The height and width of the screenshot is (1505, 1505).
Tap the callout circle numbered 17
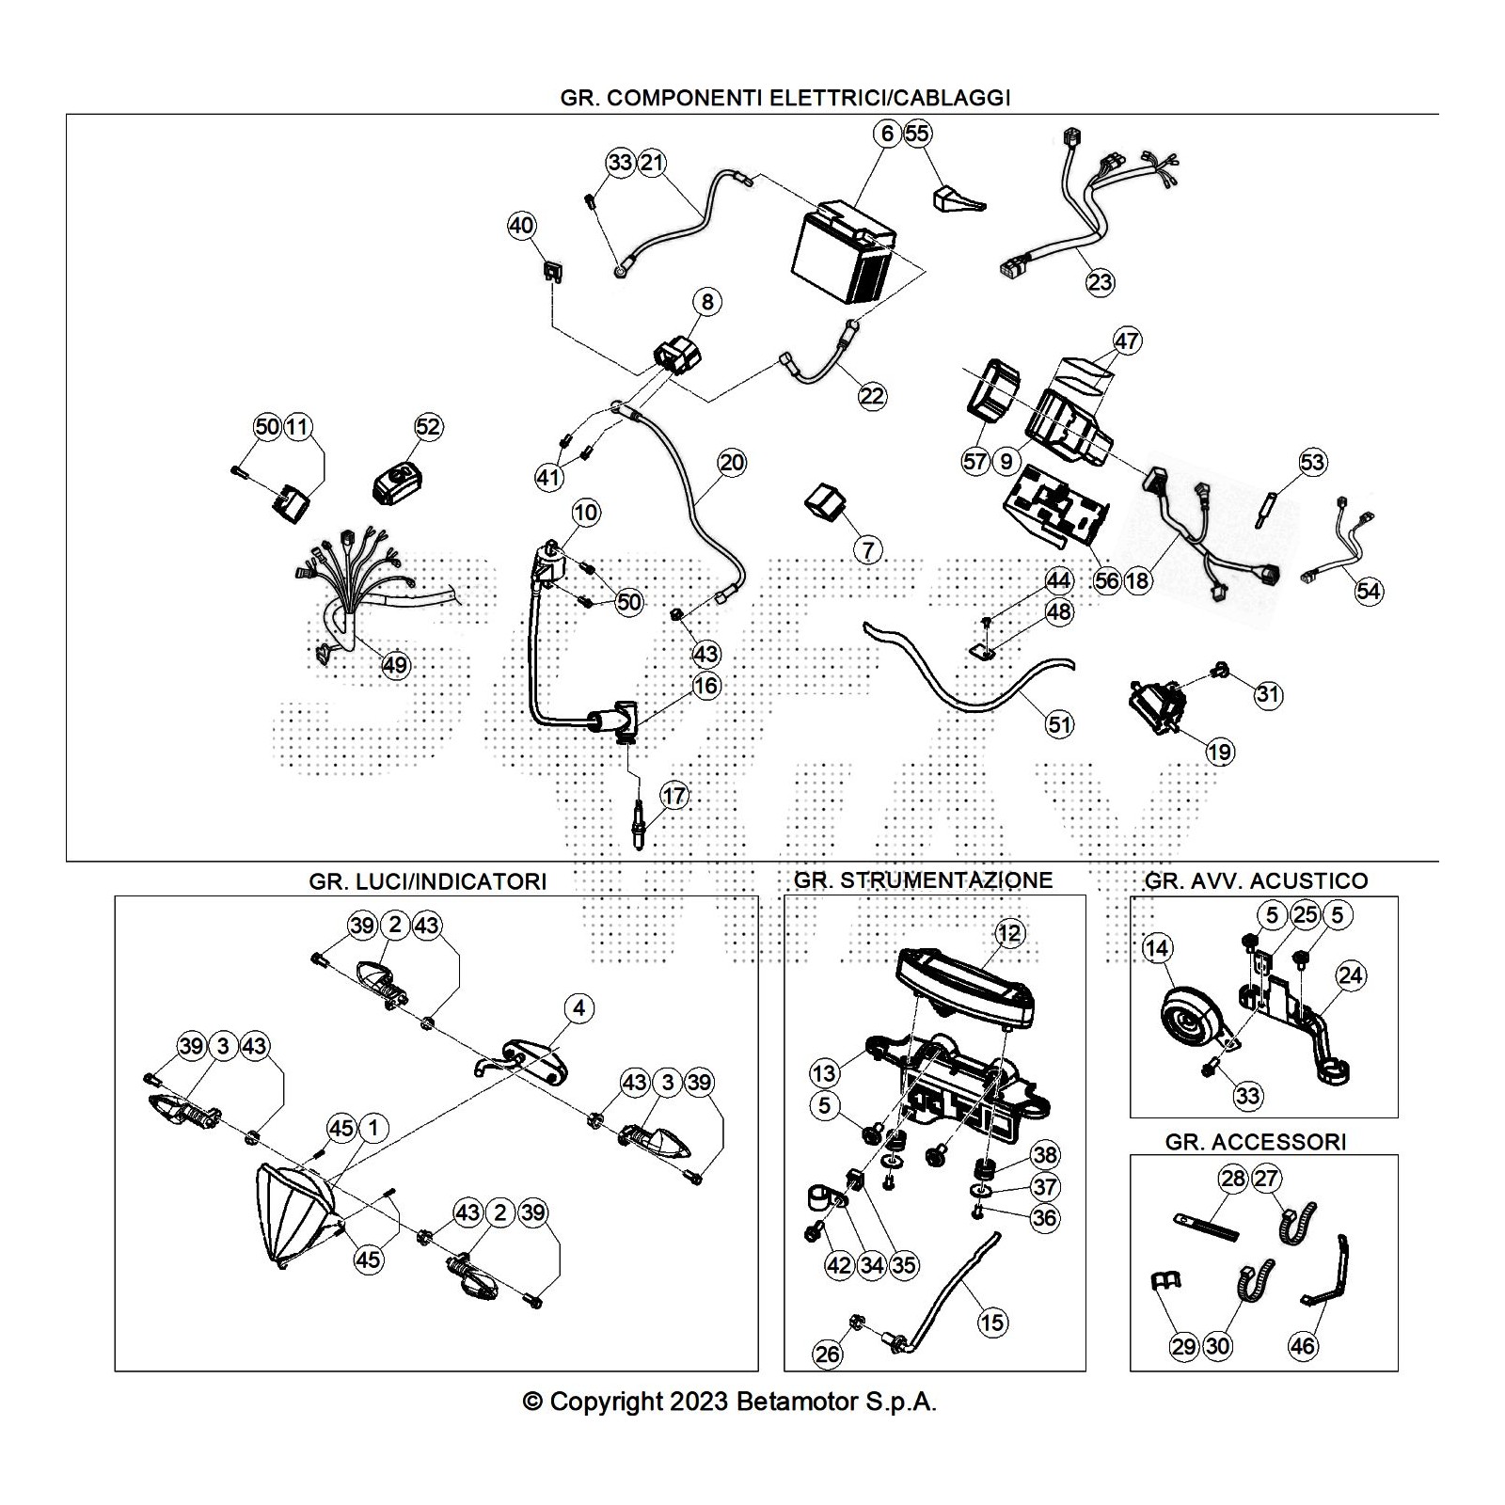(x=674, y=796)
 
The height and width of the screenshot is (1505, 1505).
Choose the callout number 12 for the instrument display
(x=1008, y=933)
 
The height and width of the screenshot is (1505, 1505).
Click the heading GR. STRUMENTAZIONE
(x=923, y=880)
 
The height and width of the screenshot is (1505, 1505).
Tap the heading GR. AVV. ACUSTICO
(x=1256, y=881)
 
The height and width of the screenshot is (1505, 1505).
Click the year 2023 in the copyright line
(x=699, y=1402)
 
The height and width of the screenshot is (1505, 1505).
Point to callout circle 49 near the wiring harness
(x=395, y=665)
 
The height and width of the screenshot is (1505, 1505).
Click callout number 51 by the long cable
(x=1060, y=724)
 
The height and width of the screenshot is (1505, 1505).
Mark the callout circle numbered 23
(x=1100, y=281)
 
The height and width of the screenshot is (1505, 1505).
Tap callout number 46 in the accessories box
(x=1303, y=1346)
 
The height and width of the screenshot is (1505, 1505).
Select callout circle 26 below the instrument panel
(x=828, y=1354)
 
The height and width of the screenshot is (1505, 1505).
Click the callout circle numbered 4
(x=579, y=1008)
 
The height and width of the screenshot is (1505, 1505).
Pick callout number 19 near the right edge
(x=1220, y=752)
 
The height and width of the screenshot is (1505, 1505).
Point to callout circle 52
(x=428, y=427)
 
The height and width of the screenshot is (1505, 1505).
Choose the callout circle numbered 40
(x=521, y=226)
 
